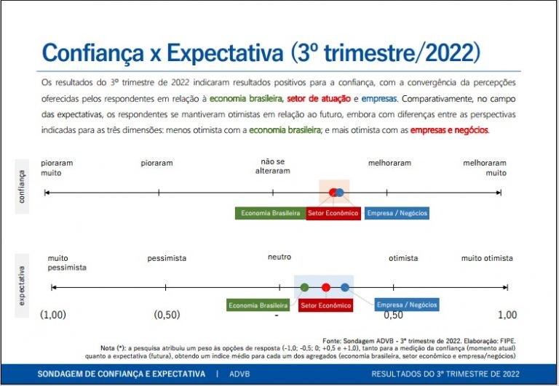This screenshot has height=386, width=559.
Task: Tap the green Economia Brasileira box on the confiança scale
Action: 269,213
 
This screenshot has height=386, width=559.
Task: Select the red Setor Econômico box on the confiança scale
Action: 333,213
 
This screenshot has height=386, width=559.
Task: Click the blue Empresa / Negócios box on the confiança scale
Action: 397,213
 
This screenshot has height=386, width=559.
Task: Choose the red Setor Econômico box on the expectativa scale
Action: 325,305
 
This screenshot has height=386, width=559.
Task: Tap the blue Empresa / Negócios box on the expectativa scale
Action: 407,305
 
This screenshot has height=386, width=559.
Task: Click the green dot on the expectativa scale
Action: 304,287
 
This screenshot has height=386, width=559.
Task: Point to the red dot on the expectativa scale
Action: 326,287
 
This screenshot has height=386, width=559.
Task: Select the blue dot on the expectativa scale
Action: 345,287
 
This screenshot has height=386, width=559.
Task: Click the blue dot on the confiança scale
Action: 340,192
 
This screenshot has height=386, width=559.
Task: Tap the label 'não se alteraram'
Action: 275,166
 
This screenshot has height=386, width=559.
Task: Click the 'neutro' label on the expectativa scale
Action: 279,257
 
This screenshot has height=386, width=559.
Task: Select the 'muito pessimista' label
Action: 67,262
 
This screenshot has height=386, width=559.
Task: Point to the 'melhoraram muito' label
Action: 485,168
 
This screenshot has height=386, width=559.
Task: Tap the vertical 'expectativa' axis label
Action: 22,285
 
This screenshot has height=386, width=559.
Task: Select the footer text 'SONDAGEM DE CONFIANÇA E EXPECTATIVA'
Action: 122,374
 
